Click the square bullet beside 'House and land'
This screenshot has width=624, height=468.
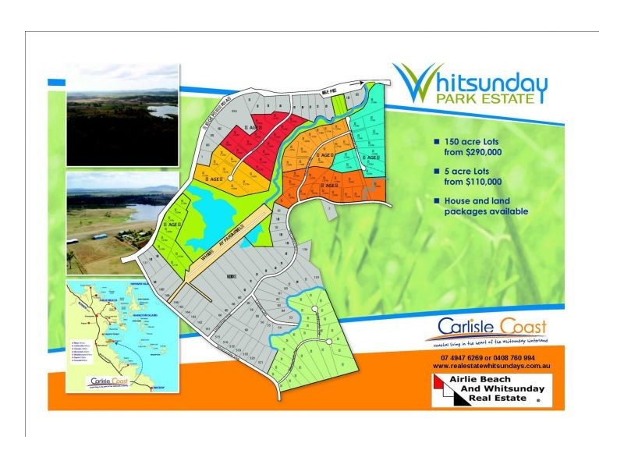pyautogui.click(x=437, y=200)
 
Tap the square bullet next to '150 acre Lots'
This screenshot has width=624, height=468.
pyautogui.click(x=437, y=143)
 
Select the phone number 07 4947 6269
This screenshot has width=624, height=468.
pyautogui.click(x=460, y=357)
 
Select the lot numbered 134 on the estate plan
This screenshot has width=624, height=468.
pyautogui.click(x=305, y=250)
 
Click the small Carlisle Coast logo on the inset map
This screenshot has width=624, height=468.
pyautogui.click(x=110, y=382)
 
